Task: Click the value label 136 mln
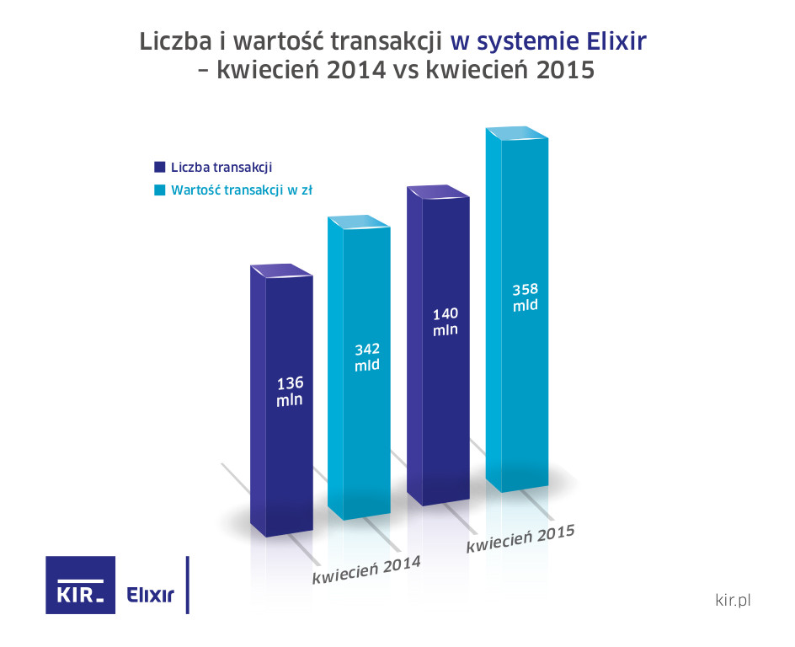coord(290,392)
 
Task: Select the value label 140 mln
coord(446,322)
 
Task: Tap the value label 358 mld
coord(525,297)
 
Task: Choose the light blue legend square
coord(158,190)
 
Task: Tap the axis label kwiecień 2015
coord(520,539)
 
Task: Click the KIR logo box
coord(80,585)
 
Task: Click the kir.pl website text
coord(731,600)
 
